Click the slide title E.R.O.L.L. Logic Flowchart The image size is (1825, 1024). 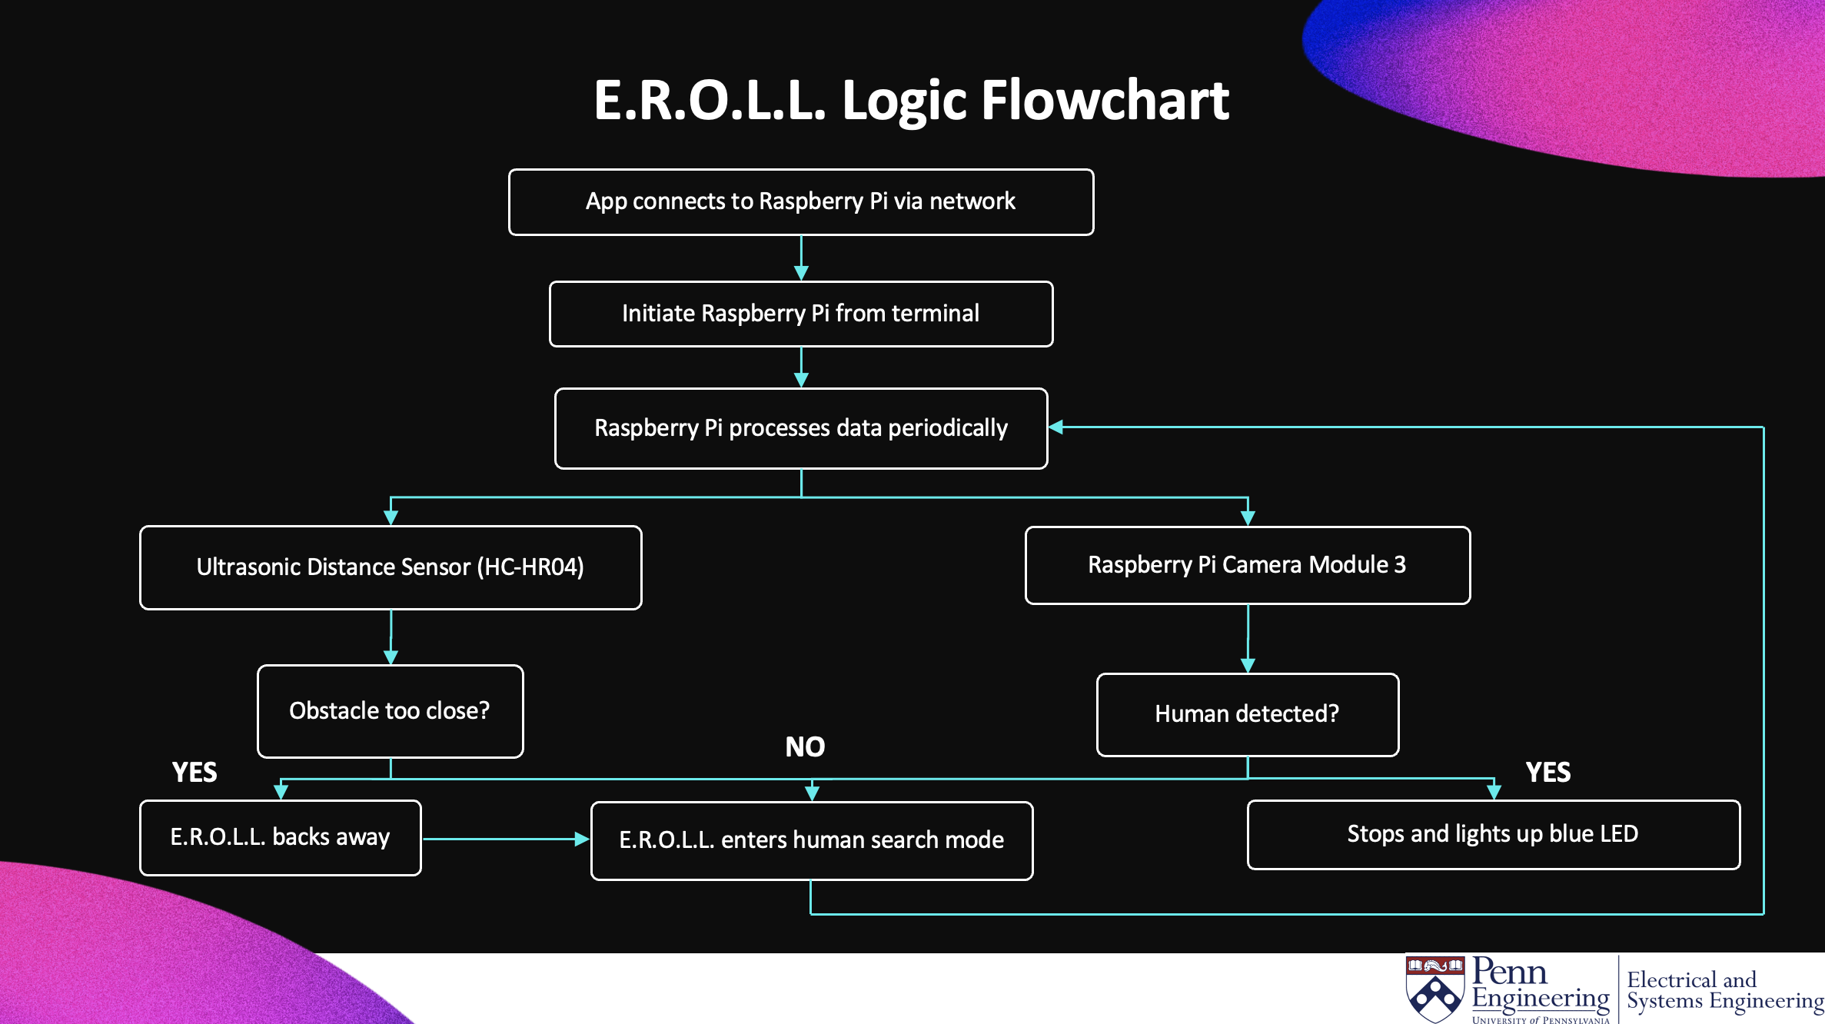[x=911, y=101]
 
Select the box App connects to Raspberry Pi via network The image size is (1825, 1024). [x=800, y=202]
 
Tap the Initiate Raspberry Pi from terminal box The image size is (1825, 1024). [x=800, y=314]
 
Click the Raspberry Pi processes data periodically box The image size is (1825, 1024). [x=800, y=428]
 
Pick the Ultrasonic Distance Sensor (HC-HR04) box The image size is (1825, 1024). [x=391, y=567]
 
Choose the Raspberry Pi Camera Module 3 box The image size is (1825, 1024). [x=1247, y=565]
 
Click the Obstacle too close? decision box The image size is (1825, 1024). [x=390, y=711]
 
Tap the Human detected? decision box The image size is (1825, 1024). [x=1247, y=714]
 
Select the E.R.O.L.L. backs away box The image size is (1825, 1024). [x=280, y=837]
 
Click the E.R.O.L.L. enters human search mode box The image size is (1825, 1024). [x=811, y=840]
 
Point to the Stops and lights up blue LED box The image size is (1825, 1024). [x=1492, y=834]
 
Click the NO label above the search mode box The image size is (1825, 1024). [x=805, y=746]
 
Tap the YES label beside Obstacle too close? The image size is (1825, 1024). [x=194, y=772]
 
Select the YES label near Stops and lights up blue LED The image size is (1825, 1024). [x=1547, y=772]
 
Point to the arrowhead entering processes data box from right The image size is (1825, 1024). [x=1057, y=427]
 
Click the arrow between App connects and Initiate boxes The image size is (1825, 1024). [x=801, y=258]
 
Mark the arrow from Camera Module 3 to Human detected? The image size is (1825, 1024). [x=1248, y=638]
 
